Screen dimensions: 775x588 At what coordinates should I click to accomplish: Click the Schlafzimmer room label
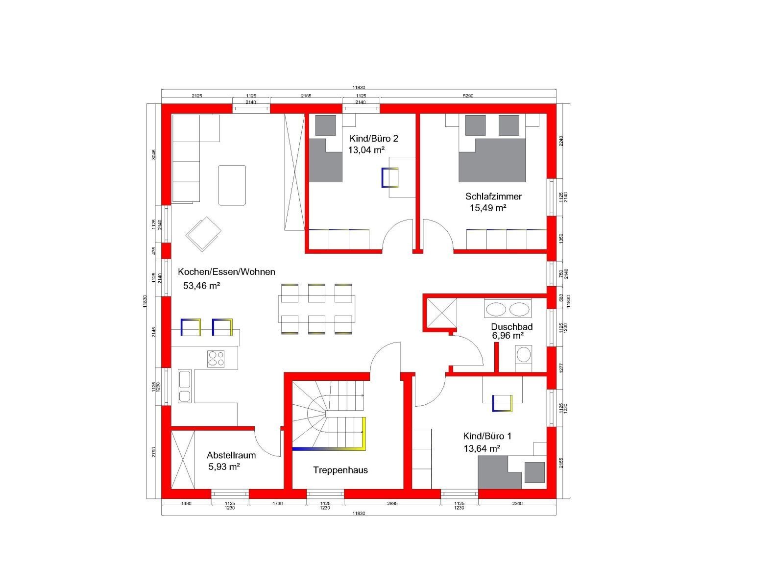(x=493, y=196)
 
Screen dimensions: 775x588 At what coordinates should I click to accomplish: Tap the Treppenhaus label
(x=340, y=470)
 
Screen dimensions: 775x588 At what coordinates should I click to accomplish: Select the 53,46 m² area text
(x=202, y=286)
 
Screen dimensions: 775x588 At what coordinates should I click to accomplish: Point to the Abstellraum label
(x=231, y=455)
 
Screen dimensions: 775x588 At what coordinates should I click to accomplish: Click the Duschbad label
(x=511, y=327)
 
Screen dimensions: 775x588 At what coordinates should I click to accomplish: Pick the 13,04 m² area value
(x=366, y=150)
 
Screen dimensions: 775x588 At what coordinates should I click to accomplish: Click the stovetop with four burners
(x=216, y=359)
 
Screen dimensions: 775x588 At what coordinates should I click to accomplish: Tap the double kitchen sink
(x=185, y=386)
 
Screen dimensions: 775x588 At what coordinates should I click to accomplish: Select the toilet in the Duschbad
(x=523, y=358)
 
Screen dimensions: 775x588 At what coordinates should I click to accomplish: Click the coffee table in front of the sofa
(x=232, y=185)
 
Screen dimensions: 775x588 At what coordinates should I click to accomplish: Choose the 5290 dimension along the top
(x=468, y=96)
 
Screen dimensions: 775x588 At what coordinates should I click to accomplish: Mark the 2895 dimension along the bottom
(x=392, y=503)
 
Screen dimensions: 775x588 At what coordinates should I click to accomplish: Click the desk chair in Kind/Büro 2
(x=390, y=178)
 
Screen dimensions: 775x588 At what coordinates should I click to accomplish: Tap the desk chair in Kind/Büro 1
(x=502, y=403)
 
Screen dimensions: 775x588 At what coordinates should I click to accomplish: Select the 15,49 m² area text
(x=488, y=208)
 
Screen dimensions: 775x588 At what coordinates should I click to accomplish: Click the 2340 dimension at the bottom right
(x=517, y=503)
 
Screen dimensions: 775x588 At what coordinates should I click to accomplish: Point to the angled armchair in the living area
(x=203, y=234)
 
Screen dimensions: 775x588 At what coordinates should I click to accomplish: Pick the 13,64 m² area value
(x=482, y=449)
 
